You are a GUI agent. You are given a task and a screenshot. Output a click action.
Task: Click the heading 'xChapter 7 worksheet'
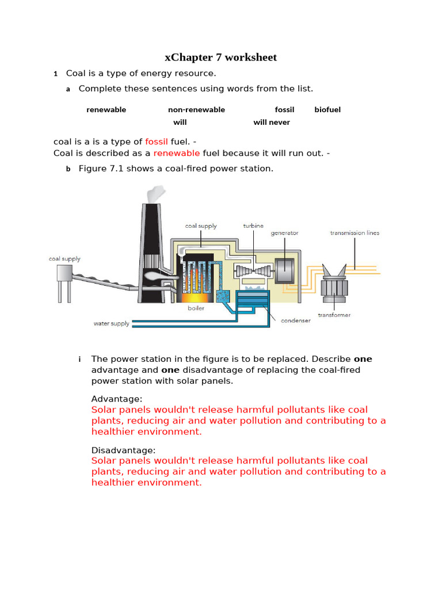tap(220, 58)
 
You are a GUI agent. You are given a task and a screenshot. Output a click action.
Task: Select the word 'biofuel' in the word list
tap(327, 110)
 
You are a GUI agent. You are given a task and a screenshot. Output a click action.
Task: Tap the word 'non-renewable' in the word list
tap(196, 110)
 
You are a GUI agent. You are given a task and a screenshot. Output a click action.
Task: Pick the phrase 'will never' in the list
tap(272, 123)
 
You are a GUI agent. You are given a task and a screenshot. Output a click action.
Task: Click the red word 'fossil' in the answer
tap(157, 142)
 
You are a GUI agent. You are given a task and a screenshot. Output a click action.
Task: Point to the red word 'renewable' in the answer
tap(177, 153)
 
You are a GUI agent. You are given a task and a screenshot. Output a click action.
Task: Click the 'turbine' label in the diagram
tap(253, 226)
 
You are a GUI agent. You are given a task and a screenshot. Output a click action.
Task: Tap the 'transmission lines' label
tap(355, 233)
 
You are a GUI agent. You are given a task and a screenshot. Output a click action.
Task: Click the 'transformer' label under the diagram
tap(334, 315)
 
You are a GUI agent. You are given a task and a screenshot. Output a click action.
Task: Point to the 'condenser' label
tap(295, 321)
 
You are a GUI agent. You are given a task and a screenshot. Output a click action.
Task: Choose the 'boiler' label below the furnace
tap(196, 308)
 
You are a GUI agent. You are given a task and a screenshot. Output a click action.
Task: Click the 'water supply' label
tap(112, 324)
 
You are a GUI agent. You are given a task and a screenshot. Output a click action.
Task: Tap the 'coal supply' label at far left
tap(64, 259)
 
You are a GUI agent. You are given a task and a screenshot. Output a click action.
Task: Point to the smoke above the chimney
tap(157, 196)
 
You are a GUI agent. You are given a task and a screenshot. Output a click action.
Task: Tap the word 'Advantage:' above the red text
tap(117, 399)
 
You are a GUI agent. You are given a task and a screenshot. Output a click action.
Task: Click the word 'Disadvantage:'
tap(124, 450)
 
